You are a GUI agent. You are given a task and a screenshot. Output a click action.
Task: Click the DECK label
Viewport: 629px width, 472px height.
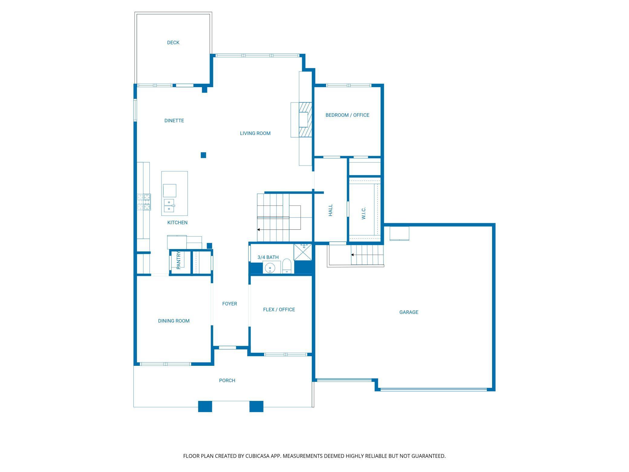tap(173, 43)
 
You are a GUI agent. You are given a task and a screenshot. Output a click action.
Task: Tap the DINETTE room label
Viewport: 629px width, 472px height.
tap(174, 121)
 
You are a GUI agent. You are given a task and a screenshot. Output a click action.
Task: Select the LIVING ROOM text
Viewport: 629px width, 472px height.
tap(255, 133)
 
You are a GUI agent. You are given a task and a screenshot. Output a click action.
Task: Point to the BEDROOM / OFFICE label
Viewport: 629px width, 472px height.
tap(347, 115)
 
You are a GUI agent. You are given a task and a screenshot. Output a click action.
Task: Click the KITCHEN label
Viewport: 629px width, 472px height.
tap(178, 223)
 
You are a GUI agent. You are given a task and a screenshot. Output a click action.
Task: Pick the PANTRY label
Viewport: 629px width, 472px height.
tap(178, 260)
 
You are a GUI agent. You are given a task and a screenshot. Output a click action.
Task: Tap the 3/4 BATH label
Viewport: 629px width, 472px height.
tap(268, 257)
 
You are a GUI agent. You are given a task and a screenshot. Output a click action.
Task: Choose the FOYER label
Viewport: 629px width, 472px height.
tap(230, 304)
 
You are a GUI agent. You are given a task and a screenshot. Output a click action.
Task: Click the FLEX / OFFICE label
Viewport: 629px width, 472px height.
tap(279, 310)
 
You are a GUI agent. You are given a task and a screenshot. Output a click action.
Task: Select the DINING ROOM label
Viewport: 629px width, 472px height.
tap(174, 321)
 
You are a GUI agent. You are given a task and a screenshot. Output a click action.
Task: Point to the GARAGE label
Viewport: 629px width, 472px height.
tap(409, 312)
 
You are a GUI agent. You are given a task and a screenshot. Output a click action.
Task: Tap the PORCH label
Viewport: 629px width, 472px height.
tap(227, 381)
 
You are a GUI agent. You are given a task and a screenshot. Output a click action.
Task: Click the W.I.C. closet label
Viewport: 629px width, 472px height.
tap(363, 213)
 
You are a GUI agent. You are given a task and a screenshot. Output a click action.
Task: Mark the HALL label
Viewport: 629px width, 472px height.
tap(331, 210)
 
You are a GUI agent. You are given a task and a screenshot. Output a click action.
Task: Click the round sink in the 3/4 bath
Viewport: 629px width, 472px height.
tap(270, 268)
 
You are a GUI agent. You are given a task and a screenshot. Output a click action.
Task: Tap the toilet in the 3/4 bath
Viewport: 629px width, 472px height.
tap(287, 267)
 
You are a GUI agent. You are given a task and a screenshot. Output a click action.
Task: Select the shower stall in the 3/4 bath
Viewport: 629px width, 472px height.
tap(303, 252)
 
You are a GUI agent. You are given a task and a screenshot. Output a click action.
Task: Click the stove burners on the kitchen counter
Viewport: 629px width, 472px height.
tap(144, 202)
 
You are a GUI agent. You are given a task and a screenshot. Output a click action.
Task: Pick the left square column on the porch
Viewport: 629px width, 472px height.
tap(205, 406)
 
